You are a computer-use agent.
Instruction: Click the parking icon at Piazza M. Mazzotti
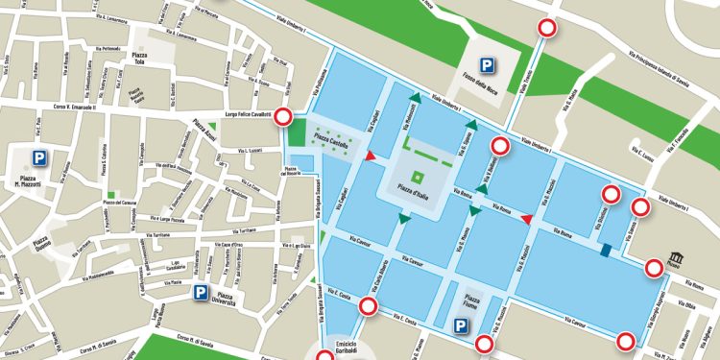click(x=39, y=158)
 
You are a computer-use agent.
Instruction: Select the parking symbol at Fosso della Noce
click(x=491, y=66)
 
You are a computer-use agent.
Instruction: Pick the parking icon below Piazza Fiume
click(x=462, y=325)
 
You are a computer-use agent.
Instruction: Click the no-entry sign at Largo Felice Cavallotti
click(x=284, y=117)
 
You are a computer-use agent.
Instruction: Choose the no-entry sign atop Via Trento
click(x=548, y=29)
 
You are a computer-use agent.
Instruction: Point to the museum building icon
click(x=677, y=259)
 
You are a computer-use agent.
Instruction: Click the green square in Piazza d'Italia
click(x=418, y=178)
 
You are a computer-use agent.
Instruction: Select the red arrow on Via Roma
click(x=525, y=220)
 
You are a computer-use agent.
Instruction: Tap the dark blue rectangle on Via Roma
click(x=605, y=252)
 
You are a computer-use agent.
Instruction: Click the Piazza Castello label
click(x=330, y=136)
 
